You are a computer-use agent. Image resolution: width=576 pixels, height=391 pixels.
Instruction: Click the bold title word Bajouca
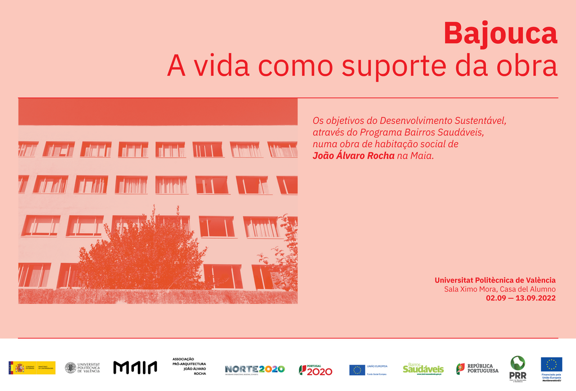(x=500, y=34)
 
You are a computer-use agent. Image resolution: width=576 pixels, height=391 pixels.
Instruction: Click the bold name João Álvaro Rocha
(x=354, y=156)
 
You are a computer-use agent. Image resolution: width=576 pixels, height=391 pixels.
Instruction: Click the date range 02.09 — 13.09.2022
(x=520, y=298)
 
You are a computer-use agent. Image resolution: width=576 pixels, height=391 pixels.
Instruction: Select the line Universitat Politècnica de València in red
(x=495, y=280)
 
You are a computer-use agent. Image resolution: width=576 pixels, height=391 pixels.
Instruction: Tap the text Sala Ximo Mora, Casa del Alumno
(x=499, y=289)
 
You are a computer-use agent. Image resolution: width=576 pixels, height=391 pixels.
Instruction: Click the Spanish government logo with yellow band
(x=32, y=367)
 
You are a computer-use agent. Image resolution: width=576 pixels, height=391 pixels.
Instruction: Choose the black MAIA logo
(x=135, y=367)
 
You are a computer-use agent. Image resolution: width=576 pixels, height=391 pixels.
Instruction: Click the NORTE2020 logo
(x=255, y=369)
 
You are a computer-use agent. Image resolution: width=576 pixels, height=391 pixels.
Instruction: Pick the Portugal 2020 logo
(x=315, y=369)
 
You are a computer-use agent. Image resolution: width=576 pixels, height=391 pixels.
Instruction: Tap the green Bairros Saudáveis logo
(x=423, y=369)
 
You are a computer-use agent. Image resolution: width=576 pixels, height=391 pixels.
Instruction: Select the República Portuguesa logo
(x=477, y=369)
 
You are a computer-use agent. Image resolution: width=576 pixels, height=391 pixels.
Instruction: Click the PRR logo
(x=517, y=368)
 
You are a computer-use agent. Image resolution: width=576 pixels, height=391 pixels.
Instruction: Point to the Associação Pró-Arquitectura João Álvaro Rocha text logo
(x=189, y=366)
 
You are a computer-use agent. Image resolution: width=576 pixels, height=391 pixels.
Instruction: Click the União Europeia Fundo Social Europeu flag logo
(x=368, y=370)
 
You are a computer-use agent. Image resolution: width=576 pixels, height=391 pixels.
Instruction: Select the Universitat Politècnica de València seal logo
(x=82, y=367)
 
